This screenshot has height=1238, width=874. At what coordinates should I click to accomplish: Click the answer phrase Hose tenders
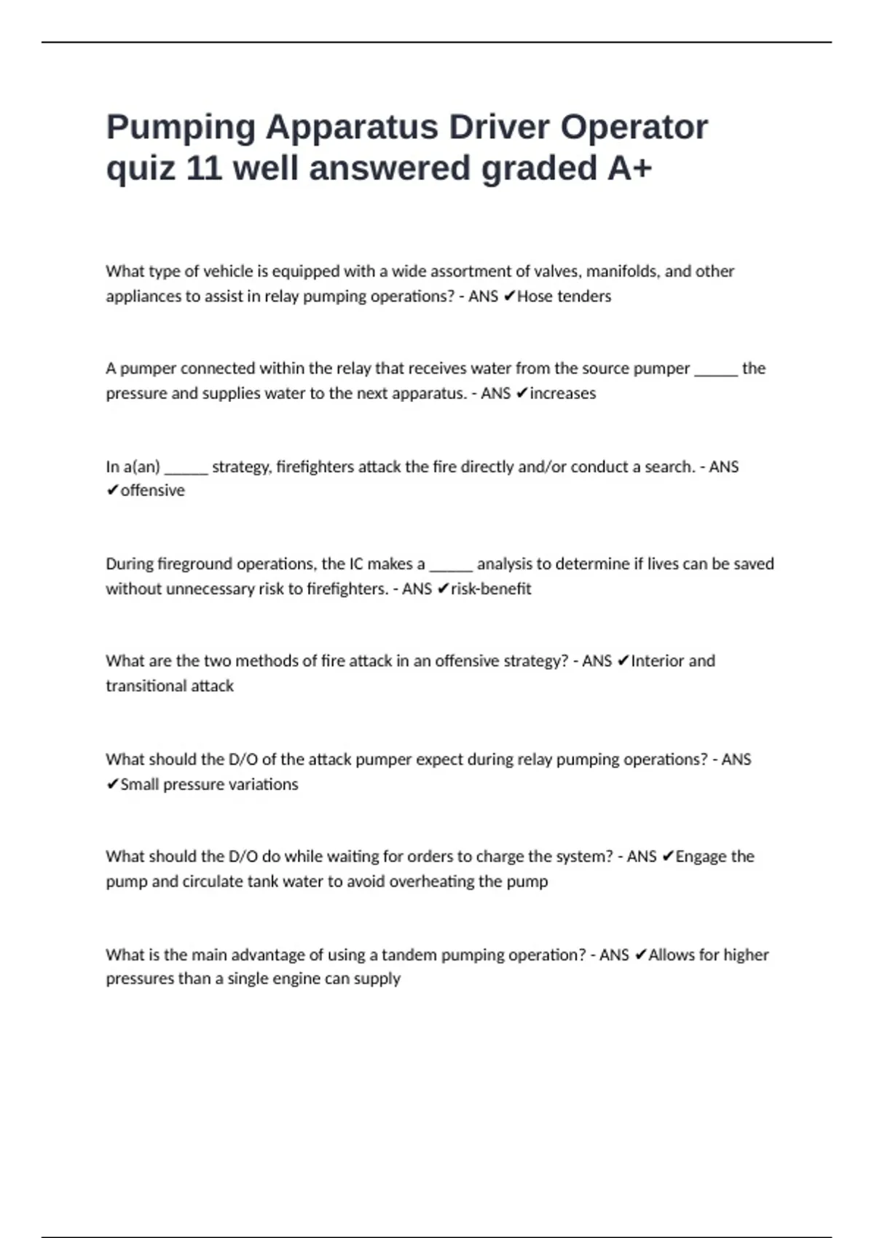tap(564, 296)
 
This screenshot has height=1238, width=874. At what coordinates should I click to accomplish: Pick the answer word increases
tap(562, 393)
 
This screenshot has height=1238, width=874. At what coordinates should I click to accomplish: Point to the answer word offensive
tap(152, 491)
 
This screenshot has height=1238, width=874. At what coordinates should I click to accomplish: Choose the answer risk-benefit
tap(491, 588)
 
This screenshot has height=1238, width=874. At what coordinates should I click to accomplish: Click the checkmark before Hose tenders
tap(509, 296)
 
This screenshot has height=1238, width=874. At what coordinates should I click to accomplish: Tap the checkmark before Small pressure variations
tap(112, 784)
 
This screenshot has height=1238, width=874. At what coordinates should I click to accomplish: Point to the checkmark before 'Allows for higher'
tap(640, 955)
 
